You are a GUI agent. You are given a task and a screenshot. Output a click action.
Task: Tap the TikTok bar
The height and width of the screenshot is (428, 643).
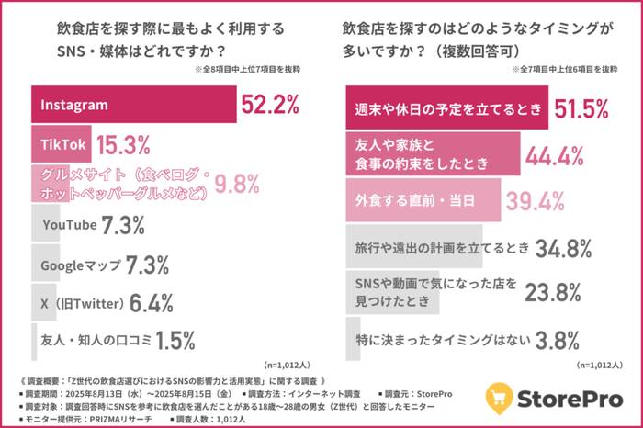[63, 145]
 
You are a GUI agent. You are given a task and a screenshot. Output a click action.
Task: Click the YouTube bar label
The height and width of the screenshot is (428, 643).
[68, 225]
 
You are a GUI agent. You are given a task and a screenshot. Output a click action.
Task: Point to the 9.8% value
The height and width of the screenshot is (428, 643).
[237, 185]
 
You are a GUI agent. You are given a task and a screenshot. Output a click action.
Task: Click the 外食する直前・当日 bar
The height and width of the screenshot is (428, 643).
[423, 200]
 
